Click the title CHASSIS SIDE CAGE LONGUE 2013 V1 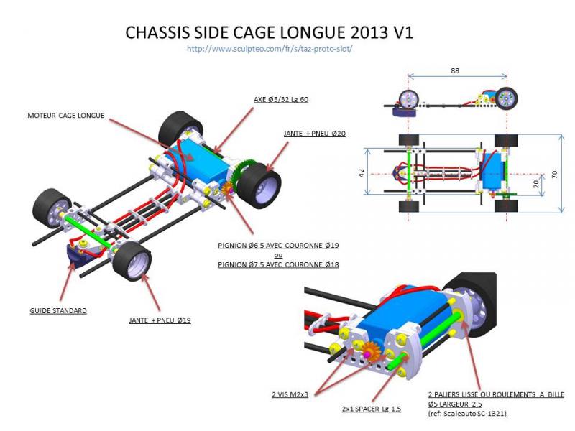[x=269, y=33]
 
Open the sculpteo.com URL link [x=269, y=49]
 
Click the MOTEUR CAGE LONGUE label [x=66, y=115]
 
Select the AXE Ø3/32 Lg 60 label [x=281, y=99]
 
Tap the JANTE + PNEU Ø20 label [x=314, y=134]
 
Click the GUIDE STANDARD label [x=58, y=310]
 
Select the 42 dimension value [x=362, y=172]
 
